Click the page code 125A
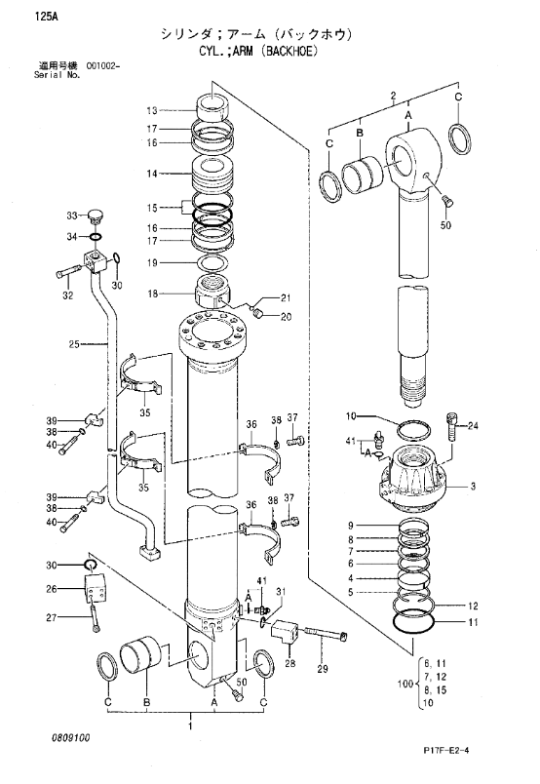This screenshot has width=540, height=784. (x=46, y=18)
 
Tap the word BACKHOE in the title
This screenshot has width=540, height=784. (x=293, y=52)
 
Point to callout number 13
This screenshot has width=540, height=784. (x=152, y=110)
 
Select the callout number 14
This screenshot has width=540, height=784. (x=152, y=174)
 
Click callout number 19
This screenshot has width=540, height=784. (x=152, y=262)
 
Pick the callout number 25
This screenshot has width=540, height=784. (x=74, y=344)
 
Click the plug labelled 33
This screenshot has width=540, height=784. (x=94, y=216)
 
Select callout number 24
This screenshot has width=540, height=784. (x=473, y=426)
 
